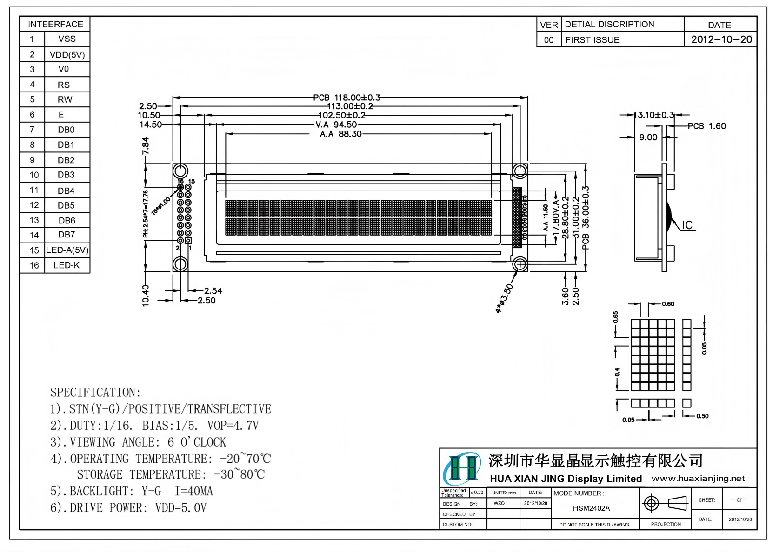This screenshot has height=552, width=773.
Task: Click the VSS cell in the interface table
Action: [x=67, y=39]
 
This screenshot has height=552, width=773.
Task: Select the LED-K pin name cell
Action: [x=67, y=265]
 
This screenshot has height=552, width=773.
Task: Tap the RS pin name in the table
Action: [x=64, y=85]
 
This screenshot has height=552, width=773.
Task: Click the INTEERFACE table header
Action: [x=55, y=24]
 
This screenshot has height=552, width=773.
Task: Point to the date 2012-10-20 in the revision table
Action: [x=721, y=39]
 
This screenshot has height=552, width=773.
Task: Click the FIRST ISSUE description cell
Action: [x=592, y=40]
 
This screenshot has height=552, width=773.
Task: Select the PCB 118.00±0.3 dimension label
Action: [x=347, y=98]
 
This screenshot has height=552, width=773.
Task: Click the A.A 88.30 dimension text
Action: [x=340, y=134]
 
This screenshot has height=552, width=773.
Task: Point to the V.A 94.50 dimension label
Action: [x=336, y=125]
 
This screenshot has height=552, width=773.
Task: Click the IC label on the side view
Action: [x=687, y=225]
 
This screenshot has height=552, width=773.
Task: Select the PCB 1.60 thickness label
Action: [x=706, y=126]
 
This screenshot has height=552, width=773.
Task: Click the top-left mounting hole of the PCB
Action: [x=180, y=171]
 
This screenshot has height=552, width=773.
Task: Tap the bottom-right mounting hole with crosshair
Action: [x=520, y=264]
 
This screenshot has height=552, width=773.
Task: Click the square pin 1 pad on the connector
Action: [x=188, y=240]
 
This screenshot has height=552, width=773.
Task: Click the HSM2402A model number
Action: [x=591, y=508]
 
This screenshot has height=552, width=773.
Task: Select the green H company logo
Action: [x=462, y=468]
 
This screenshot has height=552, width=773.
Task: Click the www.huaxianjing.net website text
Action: [x=698, y=479]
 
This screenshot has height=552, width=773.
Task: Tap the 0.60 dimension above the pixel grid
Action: [x=668, y=304]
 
